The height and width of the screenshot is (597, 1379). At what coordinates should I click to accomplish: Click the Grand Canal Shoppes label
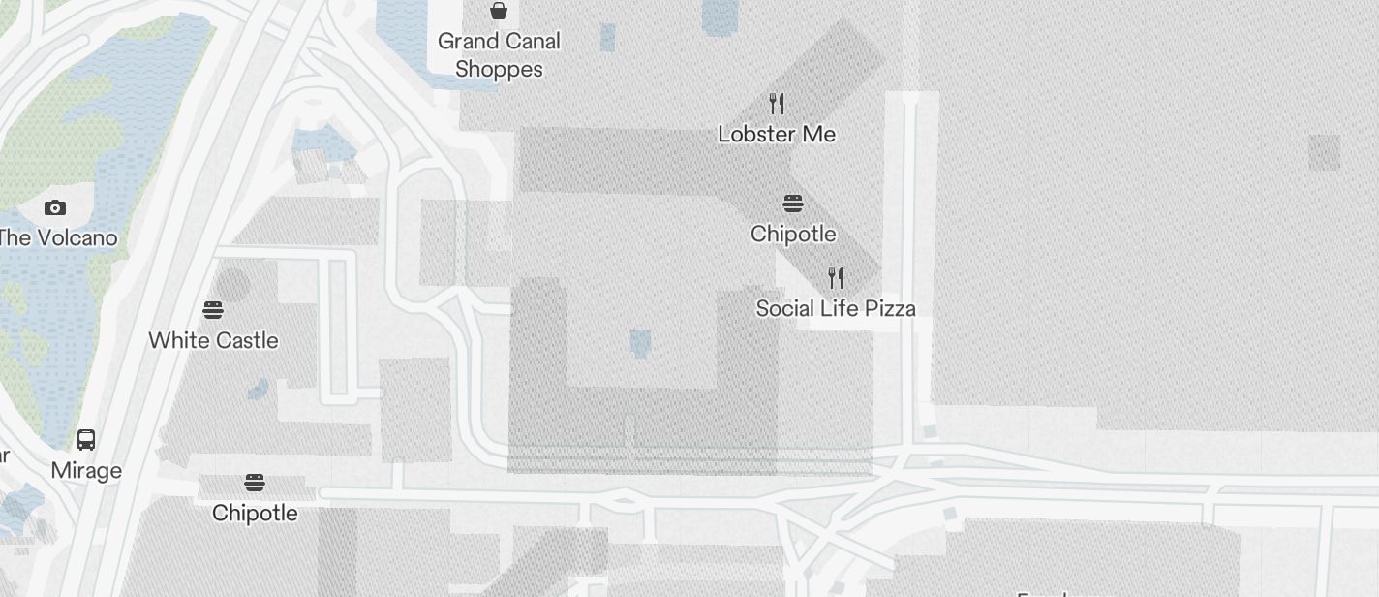pos(498,55)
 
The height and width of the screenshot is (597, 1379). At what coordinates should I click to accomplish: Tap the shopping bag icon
pos(499,11)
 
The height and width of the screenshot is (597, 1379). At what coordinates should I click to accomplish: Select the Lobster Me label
pos(777,134)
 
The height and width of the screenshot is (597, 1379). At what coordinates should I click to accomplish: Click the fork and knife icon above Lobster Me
pos(777,103)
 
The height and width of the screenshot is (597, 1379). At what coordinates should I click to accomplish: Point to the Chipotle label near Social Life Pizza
pos(793,234)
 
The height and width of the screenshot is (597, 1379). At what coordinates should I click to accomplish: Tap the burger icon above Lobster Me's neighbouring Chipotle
pos(793,204)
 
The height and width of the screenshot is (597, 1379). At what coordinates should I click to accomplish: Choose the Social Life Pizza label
pos(836,308)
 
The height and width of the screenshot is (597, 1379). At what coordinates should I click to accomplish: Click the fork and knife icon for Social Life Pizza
pos(836,278)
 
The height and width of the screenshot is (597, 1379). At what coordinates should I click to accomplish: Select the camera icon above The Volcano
pos(55,207)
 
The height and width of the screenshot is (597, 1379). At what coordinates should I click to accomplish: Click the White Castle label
pos(213,340)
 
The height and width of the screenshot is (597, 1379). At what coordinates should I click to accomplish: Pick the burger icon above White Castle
pos(213,310)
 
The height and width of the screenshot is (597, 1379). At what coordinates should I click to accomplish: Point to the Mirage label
pos(86,471)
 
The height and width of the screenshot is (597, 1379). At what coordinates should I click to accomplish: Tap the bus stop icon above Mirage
pos(86,440)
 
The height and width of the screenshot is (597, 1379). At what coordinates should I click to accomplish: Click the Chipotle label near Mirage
pos(255,513)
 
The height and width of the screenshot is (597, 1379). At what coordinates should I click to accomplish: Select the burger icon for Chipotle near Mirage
pos(255,483)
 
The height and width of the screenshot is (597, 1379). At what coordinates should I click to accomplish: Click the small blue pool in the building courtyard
pos(640,341)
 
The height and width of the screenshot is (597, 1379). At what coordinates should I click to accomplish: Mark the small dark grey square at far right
pos(1325,152)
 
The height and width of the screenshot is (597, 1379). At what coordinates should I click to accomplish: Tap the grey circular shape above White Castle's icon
pos(231,285)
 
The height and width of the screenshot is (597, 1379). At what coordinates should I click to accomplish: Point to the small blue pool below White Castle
pos(258,389)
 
